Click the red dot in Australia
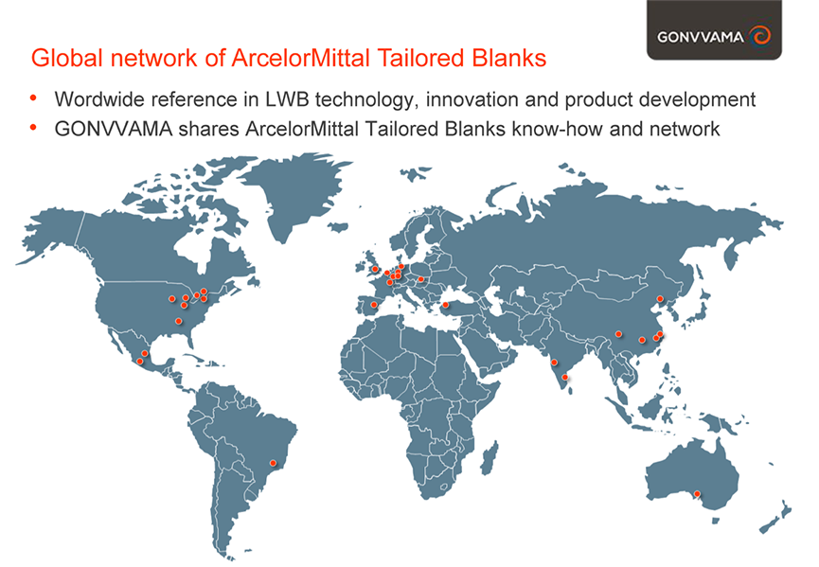point(697,493)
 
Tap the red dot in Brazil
point(272,463)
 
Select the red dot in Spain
point(373,305)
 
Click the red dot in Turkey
point(446,305)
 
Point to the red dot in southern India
point(564,377)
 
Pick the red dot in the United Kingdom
point(375,269)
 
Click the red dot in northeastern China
point(660,298)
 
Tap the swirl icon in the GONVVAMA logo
point(759,36)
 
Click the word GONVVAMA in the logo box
point(701,37)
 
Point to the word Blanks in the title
point(509,58)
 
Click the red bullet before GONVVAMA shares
point(33,128)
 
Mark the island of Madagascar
point(489,458)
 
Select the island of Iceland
point(338,226)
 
